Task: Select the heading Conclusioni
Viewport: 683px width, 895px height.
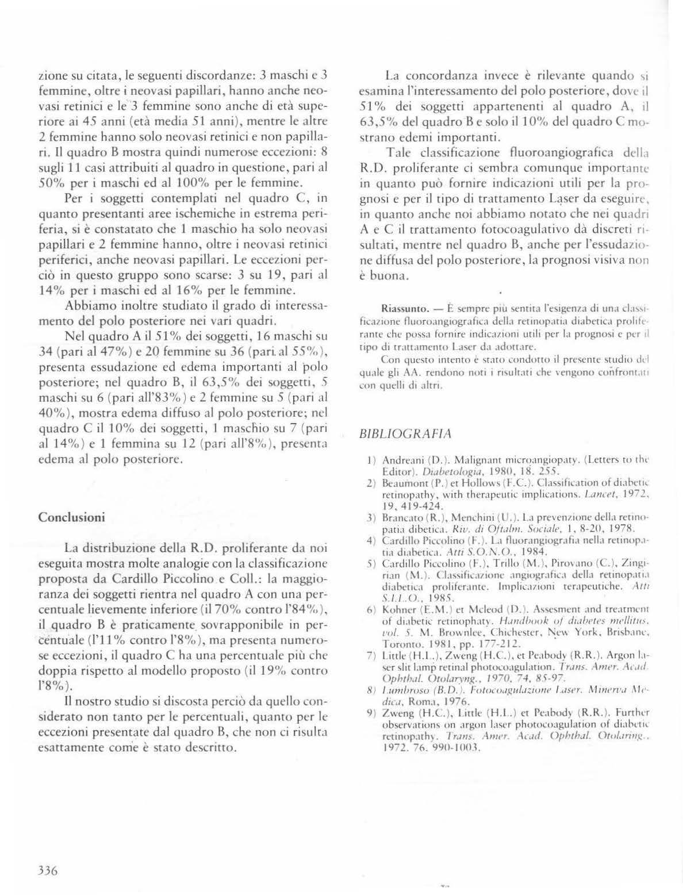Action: click(71, 516)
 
